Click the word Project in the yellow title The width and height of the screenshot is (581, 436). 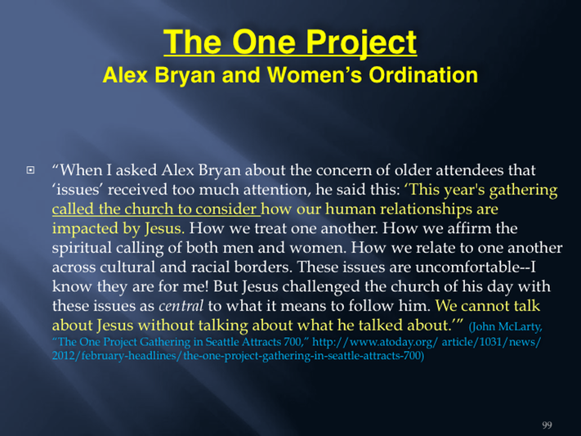click(361, 43)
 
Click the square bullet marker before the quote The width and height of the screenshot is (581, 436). click(30, 170)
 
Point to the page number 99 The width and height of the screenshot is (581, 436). click(547, 425)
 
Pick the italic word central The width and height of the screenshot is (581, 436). click(181, 306)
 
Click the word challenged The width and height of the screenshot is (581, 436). click(319, 286)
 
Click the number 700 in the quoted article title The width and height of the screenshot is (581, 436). click(294, 342)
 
